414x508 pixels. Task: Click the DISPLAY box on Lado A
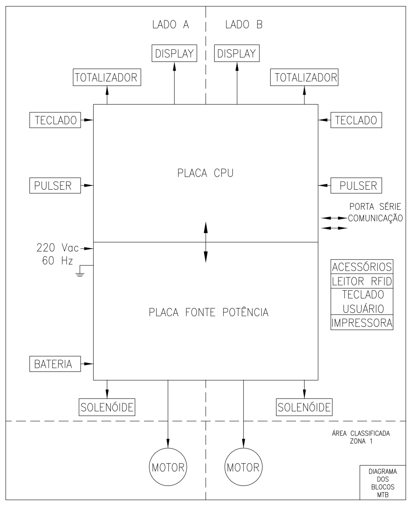click(174, 53)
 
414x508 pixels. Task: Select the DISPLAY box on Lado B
click(237, 53)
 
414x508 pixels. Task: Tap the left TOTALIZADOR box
click(107, 77)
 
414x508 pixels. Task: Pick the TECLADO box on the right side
click(356, 120)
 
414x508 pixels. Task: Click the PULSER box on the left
click(55, 185)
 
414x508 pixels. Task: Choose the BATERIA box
click(55, 364)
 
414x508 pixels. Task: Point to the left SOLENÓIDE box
click(107, 407)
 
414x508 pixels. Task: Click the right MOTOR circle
click(243, 467)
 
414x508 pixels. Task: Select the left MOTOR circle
click(168, 467)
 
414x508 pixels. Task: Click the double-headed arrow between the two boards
click(206, 242)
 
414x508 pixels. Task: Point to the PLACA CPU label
click(205, 173)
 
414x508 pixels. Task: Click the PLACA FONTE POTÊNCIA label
click(209, 312)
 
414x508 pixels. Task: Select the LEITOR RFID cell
click(362, 281)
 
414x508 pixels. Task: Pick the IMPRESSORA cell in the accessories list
click(362, 322)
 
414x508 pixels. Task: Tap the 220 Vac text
click(58, 248)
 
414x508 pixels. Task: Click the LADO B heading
click(244, 24)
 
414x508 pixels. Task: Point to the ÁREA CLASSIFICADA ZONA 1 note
click(361, 437)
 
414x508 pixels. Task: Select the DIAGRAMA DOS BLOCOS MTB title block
click(383, 482)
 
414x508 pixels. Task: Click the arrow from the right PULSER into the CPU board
click(325, 185)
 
